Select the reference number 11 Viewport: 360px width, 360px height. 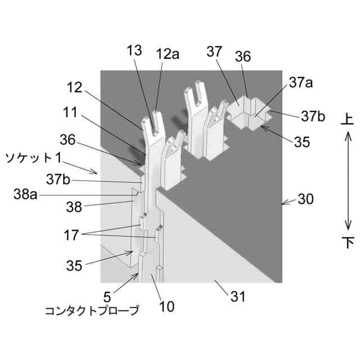[x=70, y=113]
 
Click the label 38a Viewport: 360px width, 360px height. [x=26, y=195]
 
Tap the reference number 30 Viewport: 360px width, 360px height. [x=307, y=200]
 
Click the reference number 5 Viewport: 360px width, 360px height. [x=107, y=294]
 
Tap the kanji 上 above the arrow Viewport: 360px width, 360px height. [x=348, y=119]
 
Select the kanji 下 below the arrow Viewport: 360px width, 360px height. [x=348, y=242]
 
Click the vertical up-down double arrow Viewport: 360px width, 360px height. [x=348, y=181]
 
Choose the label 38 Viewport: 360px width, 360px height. [x=74, y=206]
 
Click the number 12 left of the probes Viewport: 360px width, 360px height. [x=74, y=88]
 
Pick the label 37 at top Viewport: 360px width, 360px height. [x=214, y=52]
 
